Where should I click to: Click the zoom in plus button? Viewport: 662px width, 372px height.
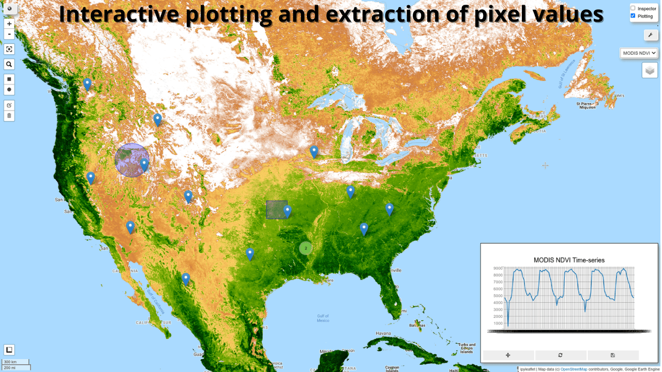click(9, 24)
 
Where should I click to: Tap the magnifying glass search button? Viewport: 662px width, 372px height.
click(9, 65)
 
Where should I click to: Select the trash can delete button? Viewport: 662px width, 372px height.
click(9, 115)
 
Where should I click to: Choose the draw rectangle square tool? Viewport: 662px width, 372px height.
click(9, 79)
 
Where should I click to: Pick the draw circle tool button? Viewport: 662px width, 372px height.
click(9, 89)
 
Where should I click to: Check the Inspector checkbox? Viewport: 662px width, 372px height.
click(633, 8)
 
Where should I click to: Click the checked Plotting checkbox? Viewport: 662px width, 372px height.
click(633, 16)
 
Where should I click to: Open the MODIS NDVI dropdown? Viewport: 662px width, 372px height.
click(639, 53)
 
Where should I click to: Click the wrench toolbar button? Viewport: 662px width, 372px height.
click(650, 35)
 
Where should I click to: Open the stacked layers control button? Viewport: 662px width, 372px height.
click(650, 70)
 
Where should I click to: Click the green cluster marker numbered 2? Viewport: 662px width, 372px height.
click(306, 248)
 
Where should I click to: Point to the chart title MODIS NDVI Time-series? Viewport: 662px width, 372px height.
click(569, 260)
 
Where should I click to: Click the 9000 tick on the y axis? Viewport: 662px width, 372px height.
click(498, 268)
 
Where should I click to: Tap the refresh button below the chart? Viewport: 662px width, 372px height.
click(561, 355)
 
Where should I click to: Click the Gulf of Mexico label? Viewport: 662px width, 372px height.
click(323, 318)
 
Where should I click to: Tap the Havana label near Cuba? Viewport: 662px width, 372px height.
click(383, 333)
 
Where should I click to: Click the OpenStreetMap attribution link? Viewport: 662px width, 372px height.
click(574, 369)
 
